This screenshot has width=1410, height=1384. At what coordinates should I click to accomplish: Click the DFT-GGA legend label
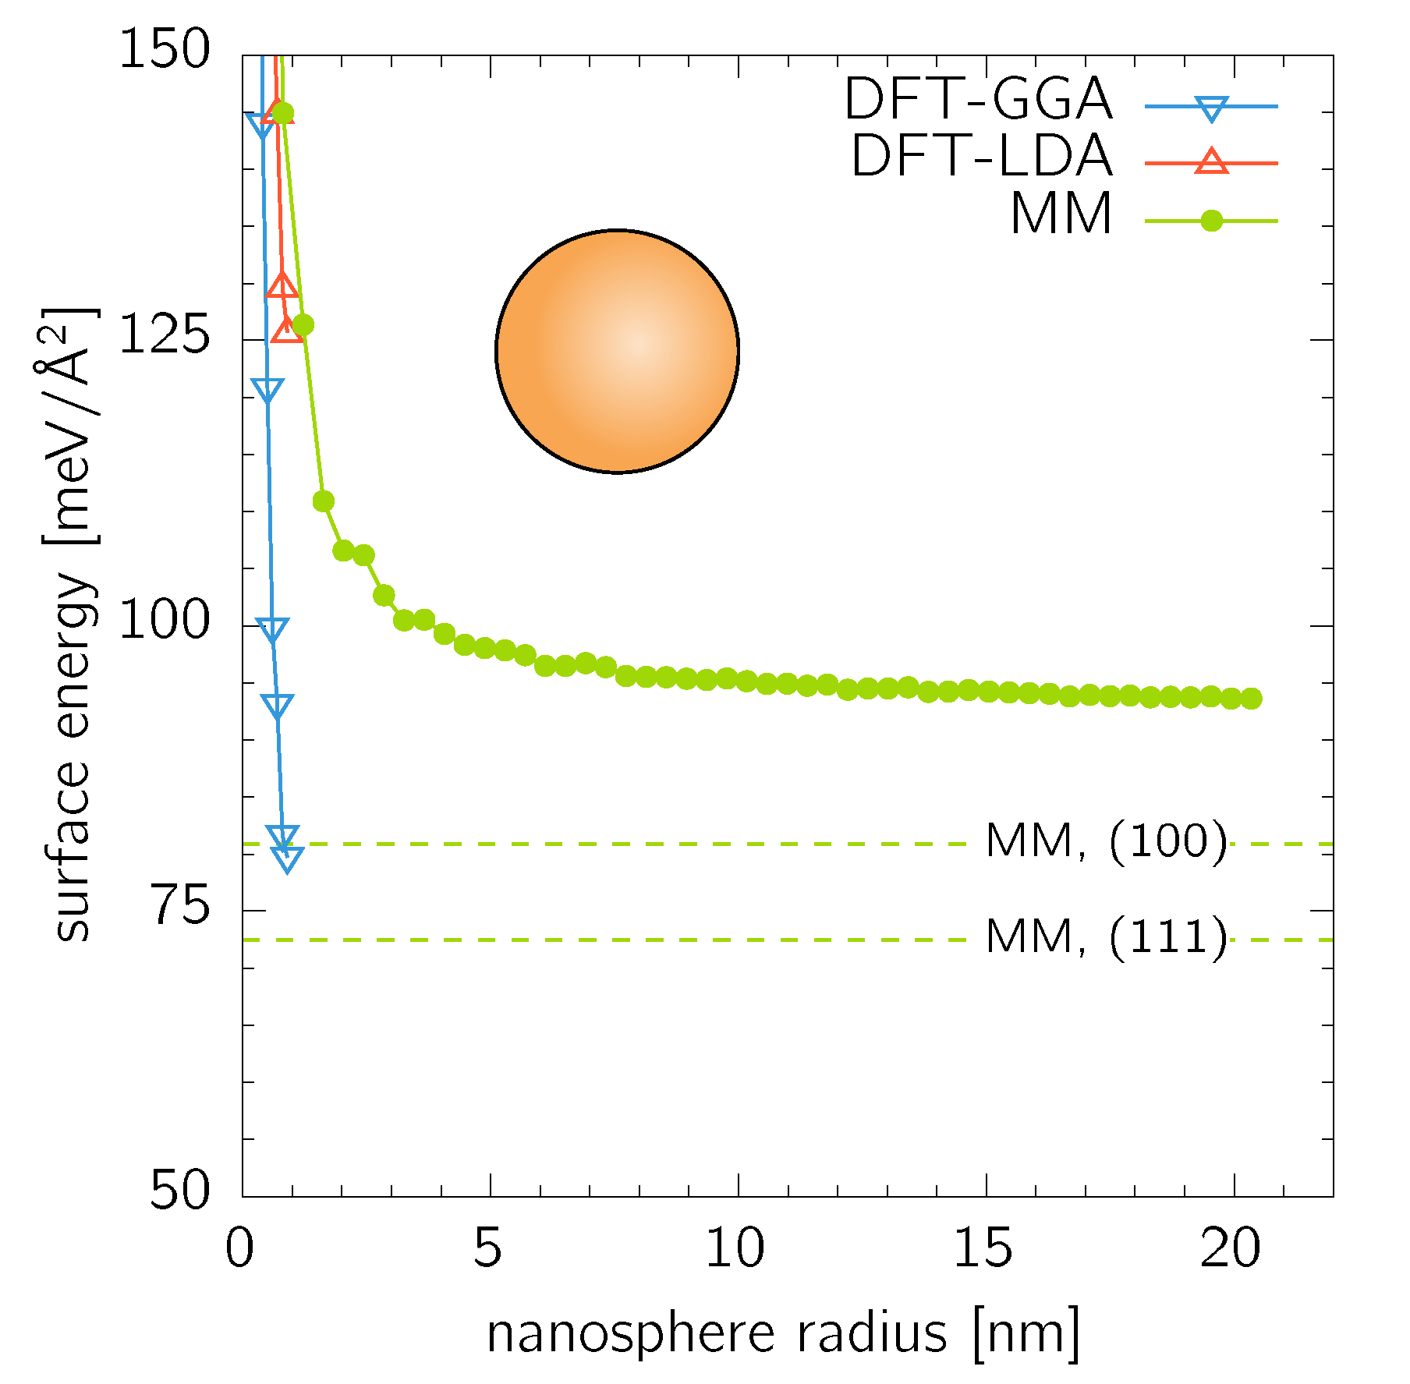pos(978,99)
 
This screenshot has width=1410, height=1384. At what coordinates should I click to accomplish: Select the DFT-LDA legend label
pos(981,156)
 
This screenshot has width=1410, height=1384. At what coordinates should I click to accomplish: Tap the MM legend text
pos(1061,214)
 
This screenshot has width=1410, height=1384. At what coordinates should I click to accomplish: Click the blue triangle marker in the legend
pos(1211,108)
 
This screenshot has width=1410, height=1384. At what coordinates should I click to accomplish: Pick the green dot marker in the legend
pos(1211,221)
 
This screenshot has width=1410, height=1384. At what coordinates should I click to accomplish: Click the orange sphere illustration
pos(617,351)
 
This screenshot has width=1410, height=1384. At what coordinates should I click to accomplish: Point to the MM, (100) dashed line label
pos(1106,841)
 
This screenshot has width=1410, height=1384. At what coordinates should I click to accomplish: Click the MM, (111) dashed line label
pos(1106,937)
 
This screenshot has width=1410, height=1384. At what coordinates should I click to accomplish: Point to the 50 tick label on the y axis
pos(179,1191)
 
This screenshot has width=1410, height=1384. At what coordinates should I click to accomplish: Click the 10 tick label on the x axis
pos(735,1248)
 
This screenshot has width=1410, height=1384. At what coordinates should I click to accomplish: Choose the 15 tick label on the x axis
pos(983,1248)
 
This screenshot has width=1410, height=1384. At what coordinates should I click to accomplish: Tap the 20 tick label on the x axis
pos(1231,1248)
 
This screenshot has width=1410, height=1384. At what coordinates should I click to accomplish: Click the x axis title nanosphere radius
pos(783,1333)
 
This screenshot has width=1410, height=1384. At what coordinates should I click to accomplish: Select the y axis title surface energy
pos(72,624)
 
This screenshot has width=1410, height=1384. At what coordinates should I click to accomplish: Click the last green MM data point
pos(1251,699)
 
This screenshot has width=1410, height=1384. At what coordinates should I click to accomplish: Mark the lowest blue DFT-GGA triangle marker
pos(288,859)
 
